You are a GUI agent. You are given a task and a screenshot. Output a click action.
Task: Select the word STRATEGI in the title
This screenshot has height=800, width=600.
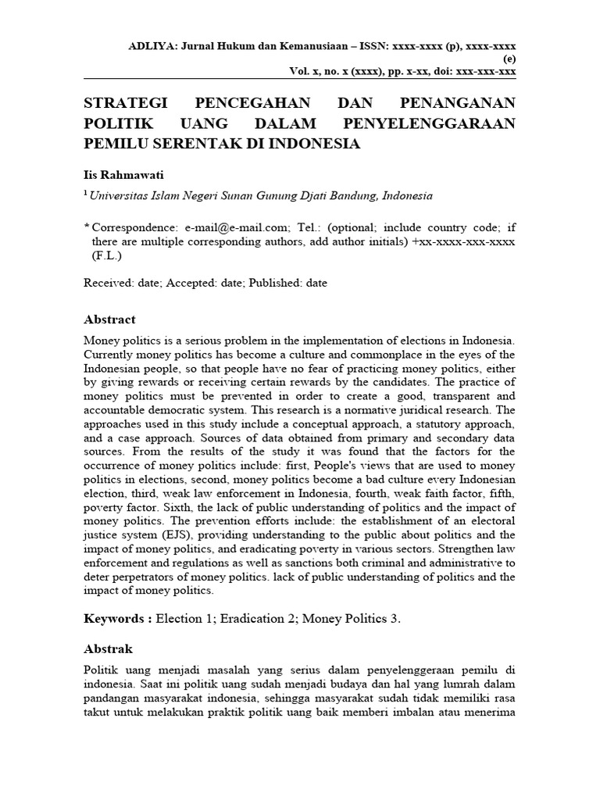pyautogui.click(x=126, y=105)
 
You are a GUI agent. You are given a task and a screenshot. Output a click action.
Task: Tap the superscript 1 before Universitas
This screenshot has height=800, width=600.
pyautogui.click(x=86, y=194)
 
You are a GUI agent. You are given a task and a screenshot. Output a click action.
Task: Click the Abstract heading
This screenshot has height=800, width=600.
pyautogui.click(x=109, y=320)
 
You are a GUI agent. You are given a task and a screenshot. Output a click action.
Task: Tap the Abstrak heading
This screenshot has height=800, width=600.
pyautogui.click(x=108, y=649)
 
